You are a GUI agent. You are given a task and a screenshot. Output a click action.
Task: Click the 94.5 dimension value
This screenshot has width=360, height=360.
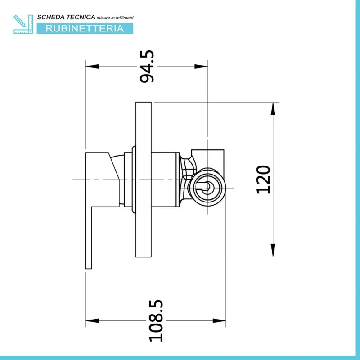coord(147,66)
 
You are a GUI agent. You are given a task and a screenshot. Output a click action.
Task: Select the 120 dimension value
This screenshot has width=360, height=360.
coord(263,180)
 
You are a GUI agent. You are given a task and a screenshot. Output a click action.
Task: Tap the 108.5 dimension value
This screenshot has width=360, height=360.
coord(156,320)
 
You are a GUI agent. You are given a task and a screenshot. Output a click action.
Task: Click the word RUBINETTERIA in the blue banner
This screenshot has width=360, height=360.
coord(85,28)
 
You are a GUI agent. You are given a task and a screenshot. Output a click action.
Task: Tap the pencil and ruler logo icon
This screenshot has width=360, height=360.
coord(23,24)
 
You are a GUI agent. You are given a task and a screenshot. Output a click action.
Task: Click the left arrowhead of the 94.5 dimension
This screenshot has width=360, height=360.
coord(92,67)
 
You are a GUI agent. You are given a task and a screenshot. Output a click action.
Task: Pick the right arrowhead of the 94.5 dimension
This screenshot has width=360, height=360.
coord(201,67)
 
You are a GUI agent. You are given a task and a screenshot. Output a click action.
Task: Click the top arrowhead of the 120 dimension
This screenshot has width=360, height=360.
coord(273,109)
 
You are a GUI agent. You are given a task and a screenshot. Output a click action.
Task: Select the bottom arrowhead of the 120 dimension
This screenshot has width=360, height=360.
coord(273,250)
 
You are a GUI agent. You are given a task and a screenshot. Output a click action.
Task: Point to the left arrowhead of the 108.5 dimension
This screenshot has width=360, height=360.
coord(92,320)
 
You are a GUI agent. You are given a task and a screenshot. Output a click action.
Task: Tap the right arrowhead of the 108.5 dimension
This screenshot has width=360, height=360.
coord(219,320)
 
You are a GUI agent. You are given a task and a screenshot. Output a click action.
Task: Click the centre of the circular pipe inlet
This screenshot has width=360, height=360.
coord(208,188)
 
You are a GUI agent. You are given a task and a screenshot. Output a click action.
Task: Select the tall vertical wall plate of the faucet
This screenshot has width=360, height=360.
coord(144,180)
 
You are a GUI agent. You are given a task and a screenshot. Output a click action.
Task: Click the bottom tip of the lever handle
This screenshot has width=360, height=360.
coord(89,269)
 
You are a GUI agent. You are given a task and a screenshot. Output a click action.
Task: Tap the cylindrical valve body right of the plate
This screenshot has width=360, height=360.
coord(165,180)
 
